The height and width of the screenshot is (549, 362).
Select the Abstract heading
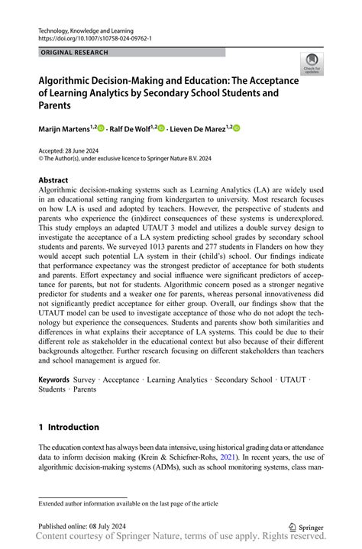pos(55,181)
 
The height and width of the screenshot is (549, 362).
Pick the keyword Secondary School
pos(244,379)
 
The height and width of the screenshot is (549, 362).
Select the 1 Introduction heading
pos(69,427)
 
